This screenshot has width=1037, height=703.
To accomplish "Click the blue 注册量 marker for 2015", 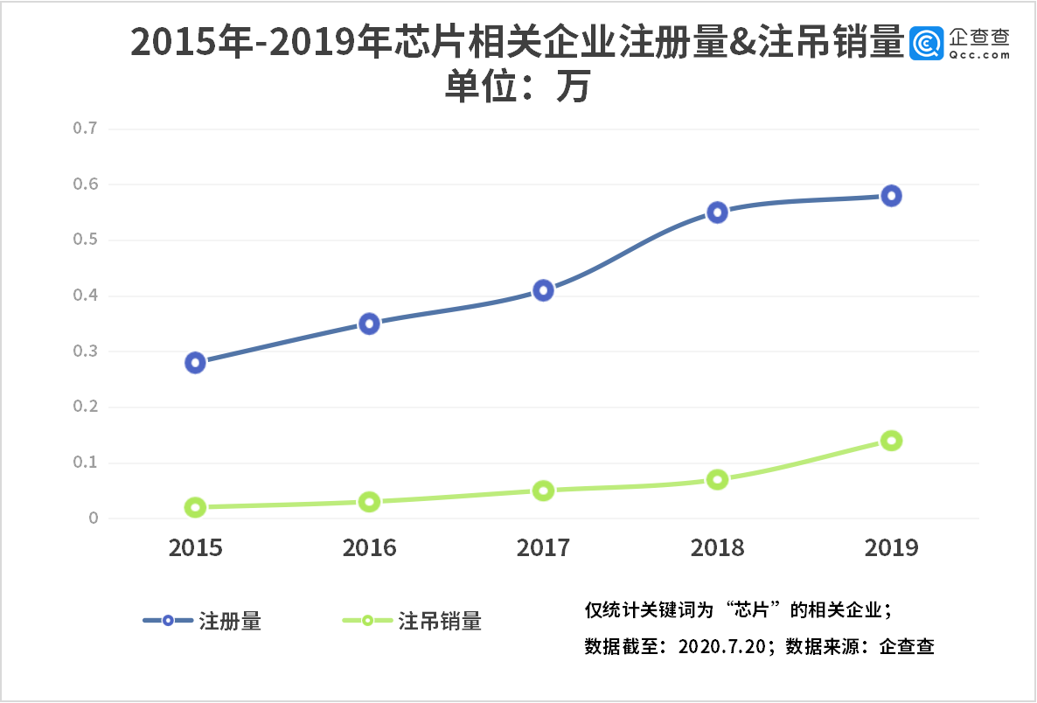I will (195, 363).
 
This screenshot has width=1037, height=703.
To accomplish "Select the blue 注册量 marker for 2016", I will (369, 324).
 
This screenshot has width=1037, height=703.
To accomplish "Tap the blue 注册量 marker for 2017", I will (543, 290).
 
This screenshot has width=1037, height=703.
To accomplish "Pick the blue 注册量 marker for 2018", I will (717, 212).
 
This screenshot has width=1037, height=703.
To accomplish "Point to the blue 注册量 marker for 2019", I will (891, 196).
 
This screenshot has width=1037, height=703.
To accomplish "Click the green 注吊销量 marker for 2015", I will (195, 507).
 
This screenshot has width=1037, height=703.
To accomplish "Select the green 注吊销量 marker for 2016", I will (369, 502).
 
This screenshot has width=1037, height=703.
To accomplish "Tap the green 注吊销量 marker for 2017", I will (543, 491).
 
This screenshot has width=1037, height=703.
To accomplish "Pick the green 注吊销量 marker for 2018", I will (717, 479).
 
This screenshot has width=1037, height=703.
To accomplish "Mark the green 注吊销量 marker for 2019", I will (891, 441).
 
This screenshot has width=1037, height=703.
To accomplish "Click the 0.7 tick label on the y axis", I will (85, 129).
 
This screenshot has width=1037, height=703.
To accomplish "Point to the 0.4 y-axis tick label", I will (85, 296).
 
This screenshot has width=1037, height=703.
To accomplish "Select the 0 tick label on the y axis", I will (93, 519).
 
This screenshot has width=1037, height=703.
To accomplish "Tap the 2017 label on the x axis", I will (543, 548).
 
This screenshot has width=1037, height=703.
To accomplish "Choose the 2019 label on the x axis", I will (891, 548).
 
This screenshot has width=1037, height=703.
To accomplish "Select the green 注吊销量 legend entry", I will (411, 621).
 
